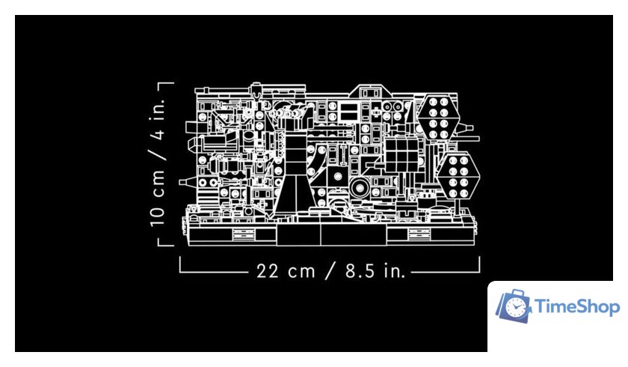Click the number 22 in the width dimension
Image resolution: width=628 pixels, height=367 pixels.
click(x=267, y=271)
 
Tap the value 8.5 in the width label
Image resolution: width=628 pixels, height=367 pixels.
click(x=360, y=271)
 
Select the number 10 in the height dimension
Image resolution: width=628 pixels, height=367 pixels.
click(x=158, y=216)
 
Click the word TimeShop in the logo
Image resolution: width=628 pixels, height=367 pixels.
click(x=577, y=307)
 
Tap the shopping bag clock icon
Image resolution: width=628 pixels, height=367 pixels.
click(x=514, y=306)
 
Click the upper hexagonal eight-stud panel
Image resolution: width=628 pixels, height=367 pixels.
click(x=438, y=118)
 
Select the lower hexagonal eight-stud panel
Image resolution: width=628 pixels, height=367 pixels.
click(x=458, y=177)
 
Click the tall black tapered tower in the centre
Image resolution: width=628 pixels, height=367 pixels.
click(x=295, y=172)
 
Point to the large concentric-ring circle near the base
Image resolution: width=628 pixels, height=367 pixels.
click(x=360, y=188)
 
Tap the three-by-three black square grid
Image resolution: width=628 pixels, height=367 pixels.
click(x=401, y=155)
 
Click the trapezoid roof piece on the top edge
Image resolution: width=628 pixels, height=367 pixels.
click(x=369, y=91)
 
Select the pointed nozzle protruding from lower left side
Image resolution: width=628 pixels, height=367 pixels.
click(x=188, y=183)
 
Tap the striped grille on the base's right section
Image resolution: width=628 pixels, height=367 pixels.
click(x=419, y=234)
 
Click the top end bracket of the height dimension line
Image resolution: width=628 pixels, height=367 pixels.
click(x=166, y=84)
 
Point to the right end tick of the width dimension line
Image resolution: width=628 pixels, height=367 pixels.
click(x=478, y=264)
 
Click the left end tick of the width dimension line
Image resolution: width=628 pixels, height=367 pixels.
click(x=180, y=264)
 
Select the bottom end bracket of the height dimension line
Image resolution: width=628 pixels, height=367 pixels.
click(x=166, y=243)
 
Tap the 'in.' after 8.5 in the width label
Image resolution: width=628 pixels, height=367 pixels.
click(x=394, y=271)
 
